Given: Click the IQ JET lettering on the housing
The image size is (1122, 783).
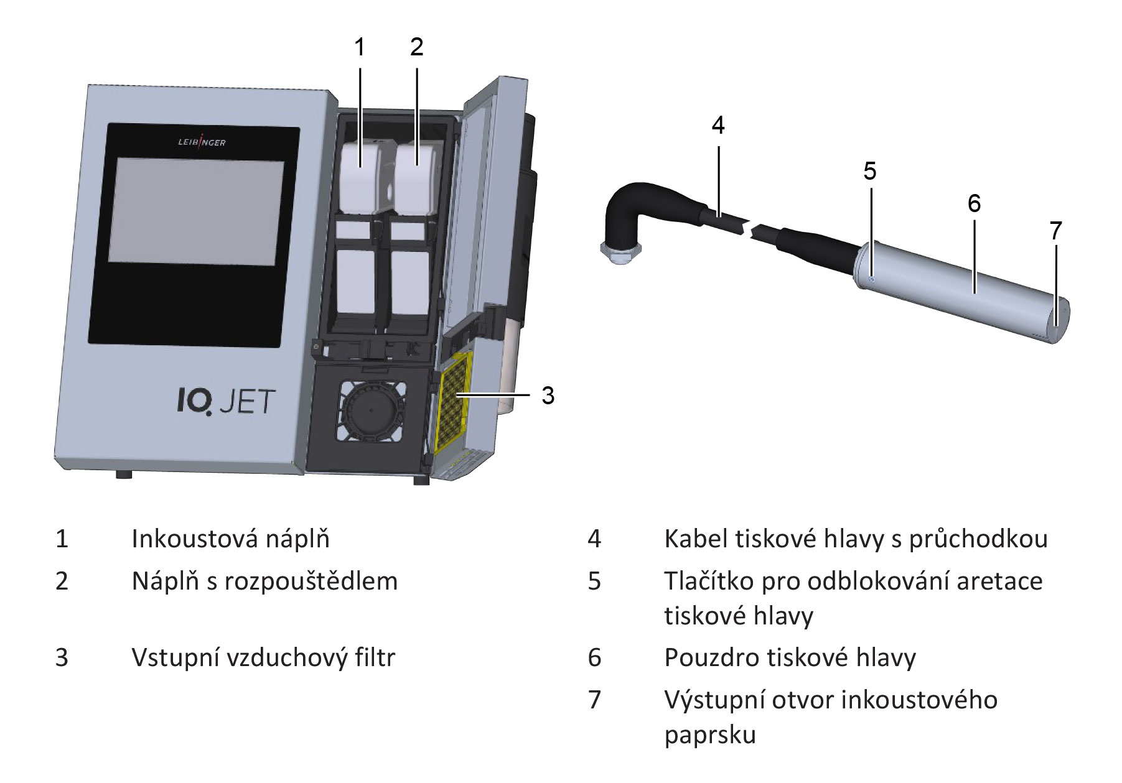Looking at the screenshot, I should pos(226,401).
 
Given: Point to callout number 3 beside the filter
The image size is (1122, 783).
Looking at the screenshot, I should pos(548,396).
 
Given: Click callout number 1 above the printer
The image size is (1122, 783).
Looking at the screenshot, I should pos(360,47).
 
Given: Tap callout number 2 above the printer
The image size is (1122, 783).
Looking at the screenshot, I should pos(417,47).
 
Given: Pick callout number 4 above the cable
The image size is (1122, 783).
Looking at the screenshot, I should pos(718,126).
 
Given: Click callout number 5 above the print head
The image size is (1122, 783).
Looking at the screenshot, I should pos(870,171).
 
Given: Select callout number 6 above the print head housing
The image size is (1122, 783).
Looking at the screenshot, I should pos(975,203).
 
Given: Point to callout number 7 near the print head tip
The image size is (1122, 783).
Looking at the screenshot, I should pos(1055,231).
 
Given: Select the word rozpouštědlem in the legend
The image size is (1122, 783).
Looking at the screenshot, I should pos(311,581).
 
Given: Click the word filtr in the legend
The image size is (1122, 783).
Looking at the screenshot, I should pos(375,657).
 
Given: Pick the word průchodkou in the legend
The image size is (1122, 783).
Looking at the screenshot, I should pos(978,539).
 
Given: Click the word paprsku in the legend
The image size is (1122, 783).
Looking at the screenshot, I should pos(709,735).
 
